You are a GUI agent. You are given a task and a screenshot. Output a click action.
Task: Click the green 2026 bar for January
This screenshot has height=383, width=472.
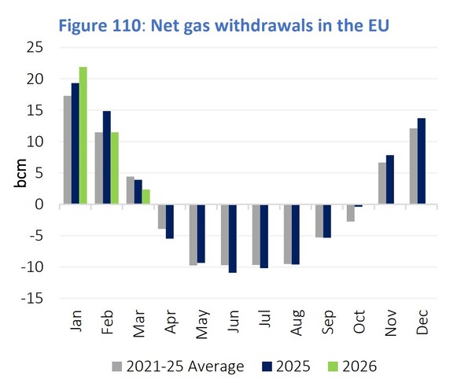[83, 136]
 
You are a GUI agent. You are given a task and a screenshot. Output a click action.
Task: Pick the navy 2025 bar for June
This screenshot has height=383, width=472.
[232, 238]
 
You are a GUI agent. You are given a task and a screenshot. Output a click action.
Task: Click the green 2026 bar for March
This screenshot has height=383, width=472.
[146, 197]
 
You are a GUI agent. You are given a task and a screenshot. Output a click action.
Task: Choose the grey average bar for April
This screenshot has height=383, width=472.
[162, 216]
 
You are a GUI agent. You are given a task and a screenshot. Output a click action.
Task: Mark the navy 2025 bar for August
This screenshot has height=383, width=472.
[295, 234]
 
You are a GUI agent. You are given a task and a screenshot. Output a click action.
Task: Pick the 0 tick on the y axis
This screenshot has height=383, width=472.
[39, 205]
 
